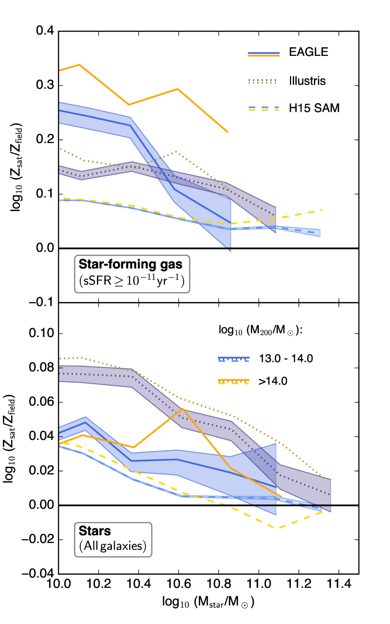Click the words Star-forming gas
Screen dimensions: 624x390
click(130, 264)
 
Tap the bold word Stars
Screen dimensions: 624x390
click(95, 531)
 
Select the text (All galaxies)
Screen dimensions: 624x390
click(113, 547)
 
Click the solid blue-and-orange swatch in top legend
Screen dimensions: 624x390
click(264, 54)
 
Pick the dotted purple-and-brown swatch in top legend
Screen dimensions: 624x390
click(263, 81)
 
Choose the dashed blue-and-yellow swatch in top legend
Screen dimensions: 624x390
click(264, 108)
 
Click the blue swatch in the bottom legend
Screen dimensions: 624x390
click(234, 359)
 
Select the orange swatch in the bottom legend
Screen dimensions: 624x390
click(234, 381)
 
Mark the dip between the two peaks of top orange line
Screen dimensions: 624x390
click(129, 105)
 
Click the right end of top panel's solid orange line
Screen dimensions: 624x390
click(228, 132)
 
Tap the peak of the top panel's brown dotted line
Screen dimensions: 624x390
click(177, 152)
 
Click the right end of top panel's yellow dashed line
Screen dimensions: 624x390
click(322, 210)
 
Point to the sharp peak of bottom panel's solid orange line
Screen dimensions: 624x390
click(183, 408)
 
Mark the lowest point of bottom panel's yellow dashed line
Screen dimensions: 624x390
click(279, 528)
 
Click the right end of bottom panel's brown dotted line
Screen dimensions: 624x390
click(324, 478)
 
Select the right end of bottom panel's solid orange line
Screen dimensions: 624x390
click(281, 496)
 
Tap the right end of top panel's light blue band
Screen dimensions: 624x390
click(320, 233)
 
